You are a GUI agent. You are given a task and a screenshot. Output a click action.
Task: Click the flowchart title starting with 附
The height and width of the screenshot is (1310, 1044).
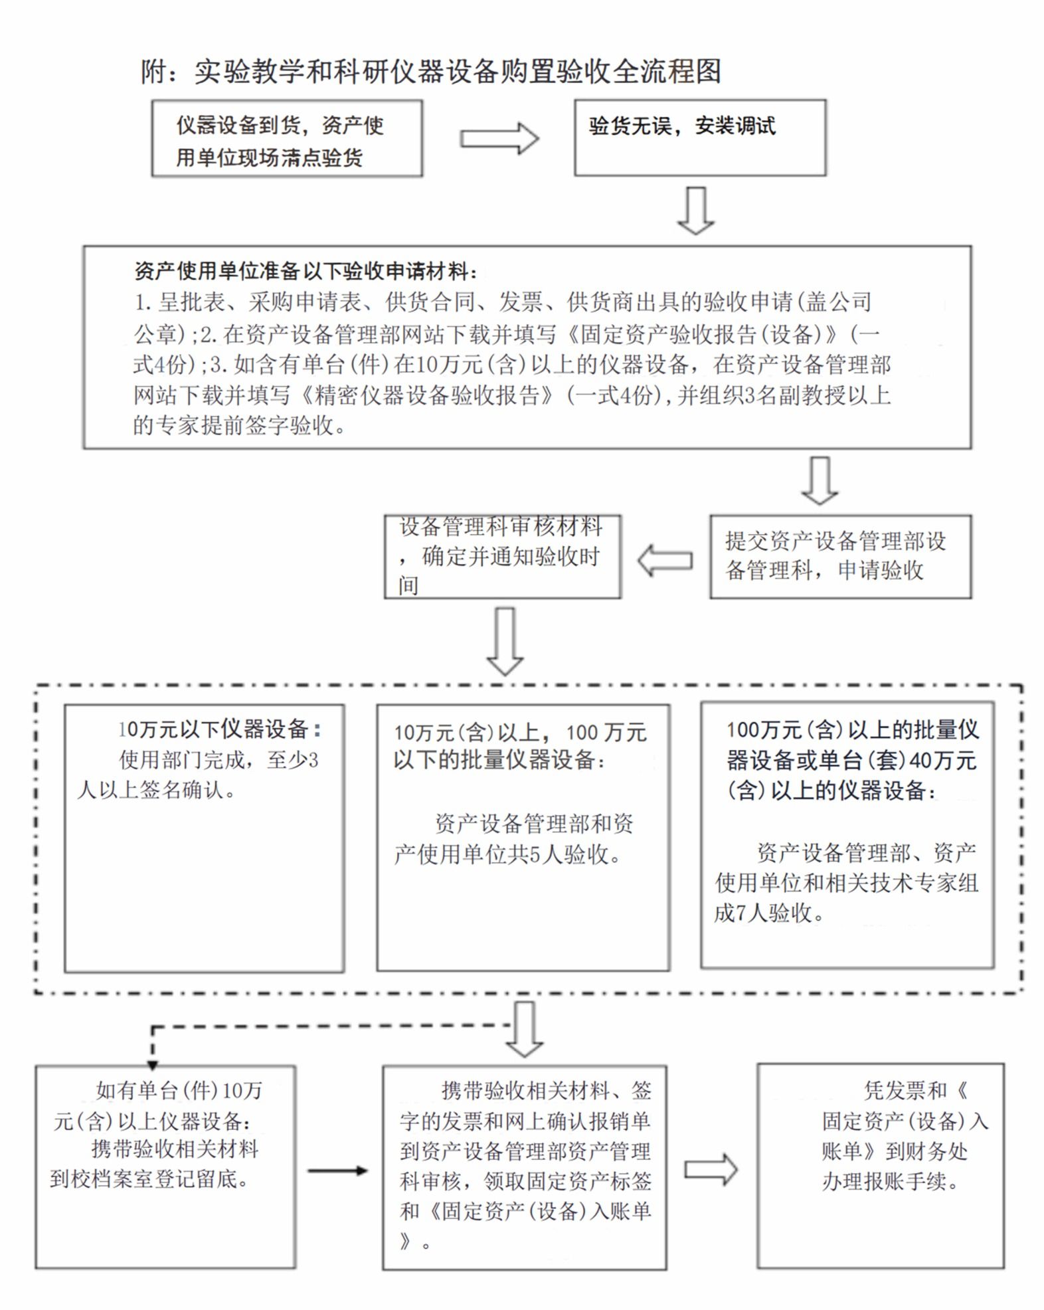[430, 71]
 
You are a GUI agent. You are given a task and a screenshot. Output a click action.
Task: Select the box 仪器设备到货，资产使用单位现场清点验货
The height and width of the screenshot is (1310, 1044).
[287, 138]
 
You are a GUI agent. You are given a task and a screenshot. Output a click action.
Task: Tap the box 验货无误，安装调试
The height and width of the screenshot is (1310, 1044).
[700, 138]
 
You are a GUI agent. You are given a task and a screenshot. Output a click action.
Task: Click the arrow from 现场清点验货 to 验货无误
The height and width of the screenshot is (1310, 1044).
[499, 139]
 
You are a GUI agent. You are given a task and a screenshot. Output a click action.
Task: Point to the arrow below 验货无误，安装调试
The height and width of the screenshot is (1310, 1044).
[695, 211]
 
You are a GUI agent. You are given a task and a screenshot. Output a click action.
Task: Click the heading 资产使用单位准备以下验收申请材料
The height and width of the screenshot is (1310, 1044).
[306, 271]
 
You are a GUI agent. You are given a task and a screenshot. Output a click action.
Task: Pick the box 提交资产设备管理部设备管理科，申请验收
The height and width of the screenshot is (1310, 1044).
[840, 557]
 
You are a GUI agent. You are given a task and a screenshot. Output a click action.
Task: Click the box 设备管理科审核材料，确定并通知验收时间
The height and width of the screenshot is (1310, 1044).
[503, 557]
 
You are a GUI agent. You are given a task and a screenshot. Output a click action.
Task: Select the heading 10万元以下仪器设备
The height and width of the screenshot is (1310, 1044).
[219, 729]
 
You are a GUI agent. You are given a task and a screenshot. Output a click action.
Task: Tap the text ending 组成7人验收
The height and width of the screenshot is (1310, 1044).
[846, 882]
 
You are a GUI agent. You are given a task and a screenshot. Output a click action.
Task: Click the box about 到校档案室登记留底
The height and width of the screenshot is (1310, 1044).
[165, 1167]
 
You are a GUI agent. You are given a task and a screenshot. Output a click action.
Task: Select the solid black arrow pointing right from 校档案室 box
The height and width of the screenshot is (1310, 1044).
[337, 1170]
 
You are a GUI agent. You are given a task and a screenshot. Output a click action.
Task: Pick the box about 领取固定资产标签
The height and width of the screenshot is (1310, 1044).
[525, 1167]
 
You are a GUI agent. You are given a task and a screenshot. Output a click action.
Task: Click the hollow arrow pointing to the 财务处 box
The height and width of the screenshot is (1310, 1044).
[711, 1170]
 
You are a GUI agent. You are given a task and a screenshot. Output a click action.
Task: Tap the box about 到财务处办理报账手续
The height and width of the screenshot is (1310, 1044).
[881, 1166]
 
